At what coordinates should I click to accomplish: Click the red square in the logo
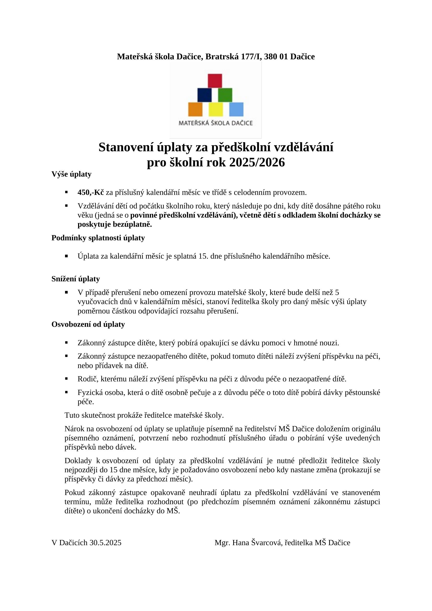(x=215, y=81)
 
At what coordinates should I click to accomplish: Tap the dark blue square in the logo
(x=204, y=95)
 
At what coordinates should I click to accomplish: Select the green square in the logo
(x=225, y=95)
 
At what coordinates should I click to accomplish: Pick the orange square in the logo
(x=195, y=109)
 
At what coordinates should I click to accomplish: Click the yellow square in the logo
(x=216, y=109)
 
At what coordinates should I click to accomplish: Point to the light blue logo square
(x=236, y=109)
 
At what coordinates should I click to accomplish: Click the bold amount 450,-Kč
(x=91, y=192)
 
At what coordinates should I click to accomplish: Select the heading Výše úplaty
(x=71, y=174)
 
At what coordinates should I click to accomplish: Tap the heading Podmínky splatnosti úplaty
(x=98, y=238)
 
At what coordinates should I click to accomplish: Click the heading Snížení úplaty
(x=75, y=279)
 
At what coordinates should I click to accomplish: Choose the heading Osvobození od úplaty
(x=88, y=324)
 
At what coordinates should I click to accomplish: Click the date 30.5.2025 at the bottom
(x=105, y=543)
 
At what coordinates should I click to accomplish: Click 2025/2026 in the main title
(x=257, y=162)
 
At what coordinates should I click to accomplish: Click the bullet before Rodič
(x=66, y=378)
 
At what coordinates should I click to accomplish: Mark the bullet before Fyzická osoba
(x=66, y=392)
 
